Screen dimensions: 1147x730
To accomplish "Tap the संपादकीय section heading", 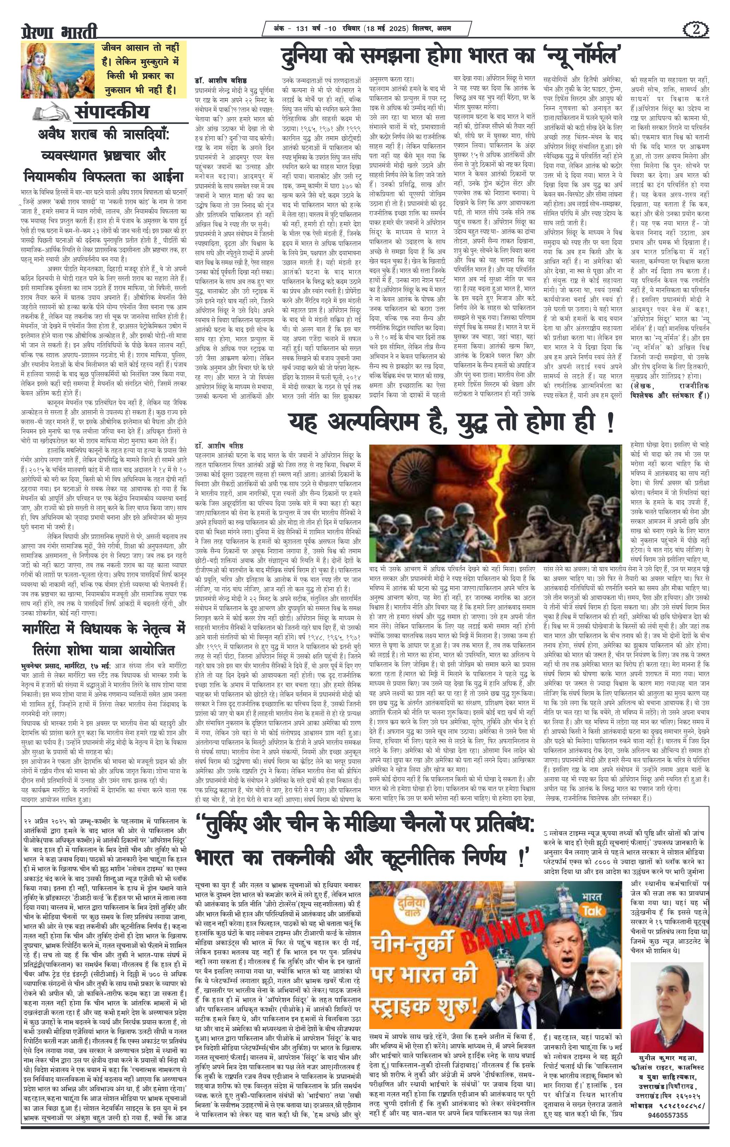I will pos(112,112).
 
